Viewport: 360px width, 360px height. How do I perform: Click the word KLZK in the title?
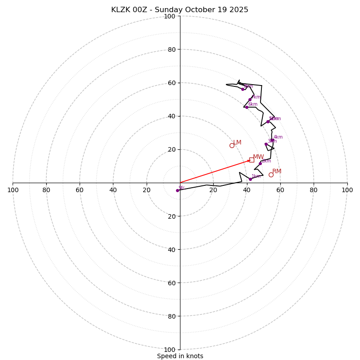122,10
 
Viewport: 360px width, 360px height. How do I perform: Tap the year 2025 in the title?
239,10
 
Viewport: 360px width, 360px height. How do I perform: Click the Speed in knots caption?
180,356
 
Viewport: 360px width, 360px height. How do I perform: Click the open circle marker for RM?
271,175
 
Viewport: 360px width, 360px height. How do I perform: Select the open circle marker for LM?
232,145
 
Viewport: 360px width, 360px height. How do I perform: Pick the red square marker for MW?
252,160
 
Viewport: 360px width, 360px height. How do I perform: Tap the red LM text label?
237,143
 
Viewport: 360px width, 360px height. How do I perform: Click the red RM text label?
277,171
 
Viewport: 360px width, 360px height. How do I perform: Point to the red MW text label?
258,157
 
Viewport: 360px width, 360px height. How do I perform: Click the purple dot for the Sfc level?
177,190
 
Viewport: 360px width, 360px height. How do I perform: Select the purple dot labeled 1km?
250,179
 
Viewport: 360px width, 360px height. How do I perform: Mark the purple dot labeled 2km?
260,163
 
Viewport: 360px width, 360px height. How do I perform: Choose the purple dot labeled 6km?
247,107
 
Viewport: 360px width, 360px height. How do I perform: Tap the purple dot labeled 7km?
250,99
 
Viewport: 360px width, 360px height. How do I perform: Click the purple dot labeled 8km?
243,89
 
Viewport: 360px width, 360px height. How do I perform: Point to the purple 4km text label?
278,137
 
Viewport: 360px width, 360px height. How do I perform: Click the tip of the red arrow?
251,160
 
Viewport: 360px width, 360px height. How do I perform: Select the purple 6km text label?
253,104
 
